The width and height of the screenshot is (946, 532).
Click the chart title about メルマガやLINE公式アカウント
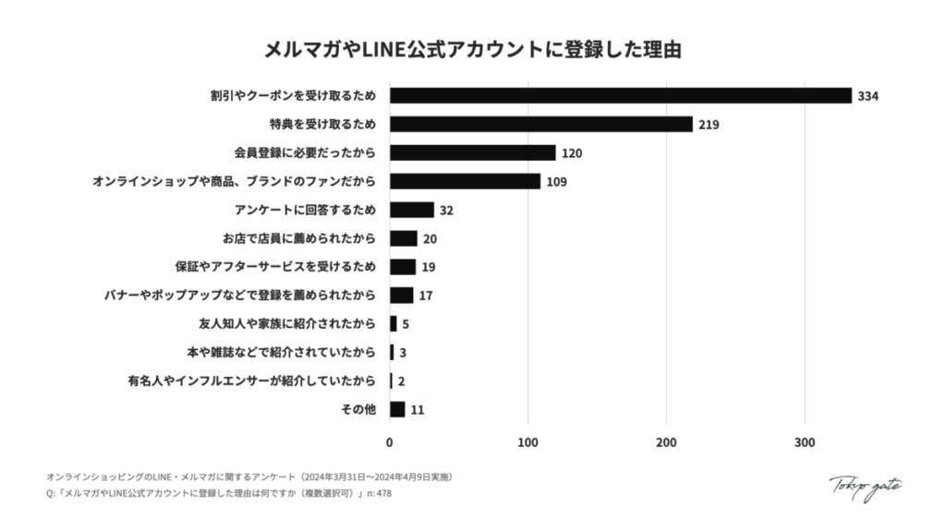tap(472, 49)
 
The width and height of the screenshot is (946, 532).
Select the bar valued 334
tap(620, 95)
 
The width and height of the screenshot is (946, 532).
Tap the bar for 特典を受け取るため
tap(540, 124)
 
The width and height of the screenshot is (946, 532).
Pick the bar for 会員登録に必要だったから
tap(472, 152)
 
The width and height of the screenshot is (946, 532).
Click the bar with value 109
tap(465, 181)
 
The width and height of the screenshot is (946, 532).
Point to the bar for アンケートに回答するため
tap(411, 210)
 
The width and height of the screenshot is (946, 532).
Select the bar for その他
tap(397, 409)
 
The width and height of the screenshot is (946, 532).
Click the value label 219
tap(709, 125)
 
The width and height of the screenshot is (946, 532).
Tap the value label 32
tap(446, 211)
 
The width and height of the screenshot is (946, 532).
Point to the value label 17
tap(426, 296)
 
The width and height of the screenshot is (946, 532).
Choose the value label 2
tap(402, 381)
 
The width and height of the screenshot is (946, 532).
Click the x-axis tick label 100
tap(528, 443)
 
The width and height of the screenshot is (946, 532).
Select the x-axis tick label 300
tap(805, 443)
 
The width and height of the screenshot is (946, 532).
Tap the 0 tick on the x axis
tap(390, 443)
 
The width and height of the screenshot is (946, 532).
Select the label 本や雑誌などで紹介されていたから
tap(281, 353)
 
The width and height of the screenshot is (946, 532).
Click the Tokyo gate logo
tap(865, 486)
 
